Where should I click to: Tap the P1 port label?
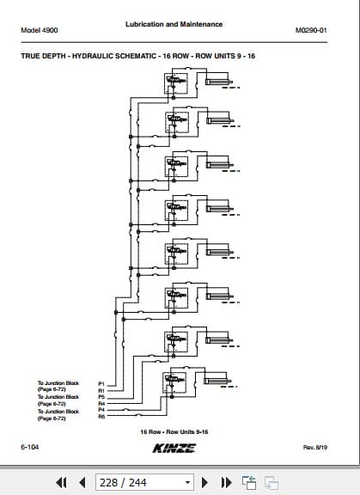(101, 382)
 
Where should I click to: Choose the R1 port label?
(101, 389)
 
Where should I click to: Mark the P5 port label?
(101, 396)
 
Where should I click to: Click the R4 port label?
(101, 403)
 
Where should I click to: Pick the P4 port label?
(101, 410)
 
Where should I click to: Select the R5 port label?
(101, 417)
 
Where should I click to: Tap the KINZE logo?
(174, 449)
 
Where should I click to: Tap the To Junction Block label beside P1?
(58, 382)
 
